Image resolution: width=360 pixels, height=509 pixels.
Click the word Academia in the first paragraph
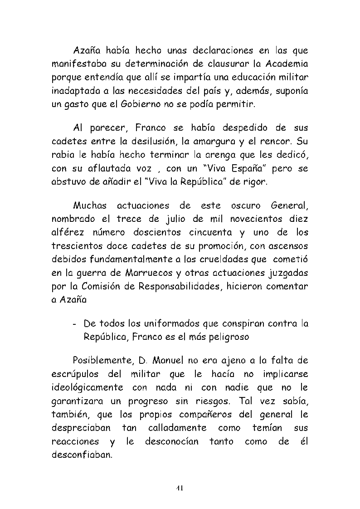click(x=287, y=62)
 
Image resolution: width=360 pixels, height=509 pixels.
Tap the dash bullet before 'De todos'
click(x=74, y=324)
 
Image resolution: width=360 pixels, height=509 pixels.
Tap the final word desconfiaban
click(x=82, y=455)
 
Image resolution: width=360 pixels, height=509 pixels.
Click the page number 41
click(x=180, y=488)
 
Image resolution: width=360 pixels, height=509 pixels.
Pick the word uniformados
click(x=173, y=324)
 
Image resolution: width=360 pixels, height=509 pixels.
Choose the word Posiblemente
click(x=102, y=361)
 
